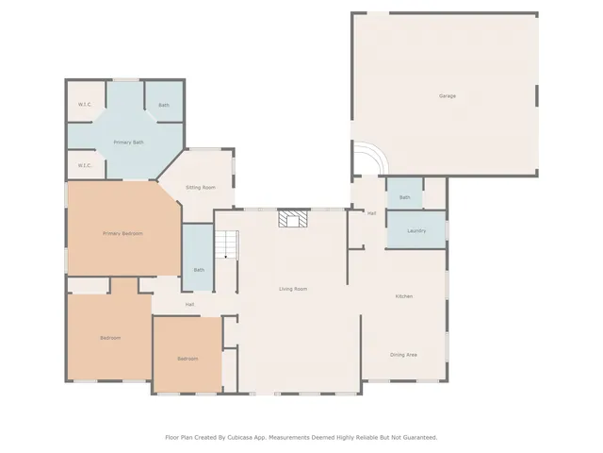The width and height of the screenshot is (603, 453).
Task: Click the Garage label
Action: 447,96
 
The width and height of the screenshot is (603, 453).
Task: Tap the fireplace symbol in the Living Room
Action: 292,219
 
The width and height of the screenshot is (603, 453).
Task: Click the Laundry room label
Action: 416,231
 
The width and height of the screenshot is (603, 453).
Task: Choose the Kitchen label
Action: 403,296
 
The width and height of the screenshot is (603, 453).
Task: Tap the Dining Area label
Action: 403,355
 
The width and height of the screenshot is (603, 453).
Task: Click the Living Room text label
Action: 292,289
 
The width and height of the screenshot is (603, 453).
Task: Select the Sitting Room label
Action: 201,188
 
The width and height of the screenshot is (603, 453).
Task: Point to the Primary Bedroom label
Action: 122,233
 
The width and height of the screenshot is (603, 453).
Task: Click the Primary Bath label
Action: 128,143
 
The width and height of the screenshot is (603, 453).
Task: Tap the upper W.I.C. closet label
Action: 84,105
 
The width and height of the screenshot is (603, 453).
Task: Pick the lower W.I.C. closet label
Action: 84,166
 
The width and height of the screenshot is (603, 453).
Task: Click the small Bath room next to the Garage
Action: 404,197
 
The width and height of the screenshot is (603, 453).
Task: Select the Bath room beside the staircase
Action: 199,271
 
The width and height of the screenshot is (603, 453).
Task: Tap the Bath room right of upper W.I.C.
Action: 164,105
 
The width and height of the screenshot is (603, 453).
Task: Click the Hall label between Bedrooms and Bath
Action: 189,305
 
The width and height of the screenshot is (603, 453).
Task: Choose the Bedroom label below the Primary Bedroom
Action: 110,338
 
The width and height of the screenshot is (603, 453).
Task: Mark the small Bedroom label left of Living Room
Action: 187,359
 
